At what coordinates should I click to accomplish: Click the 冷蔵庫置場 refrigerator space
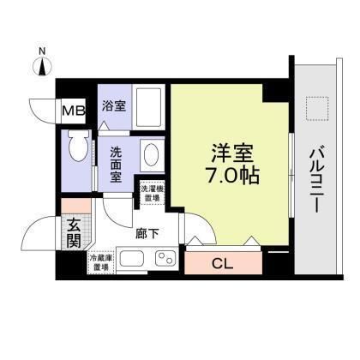(99, 262)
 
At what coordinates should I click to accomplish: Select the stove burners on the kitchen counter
(165, 259)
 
